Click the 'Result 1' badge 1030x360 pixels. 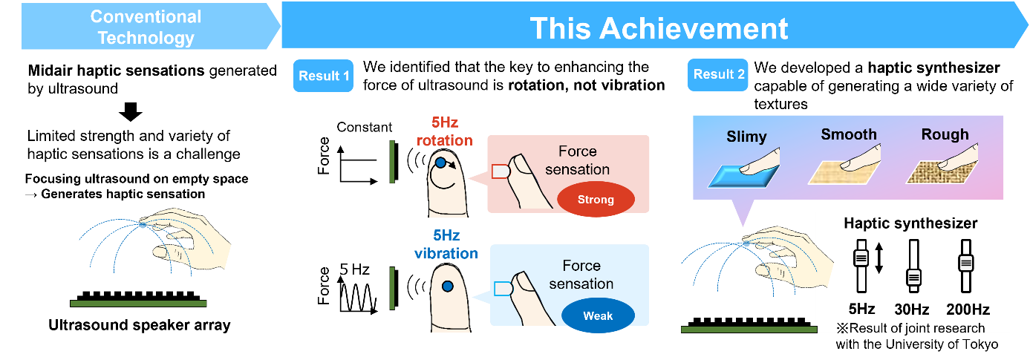coord(323,76)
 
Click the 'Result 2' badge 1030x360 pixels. coord(718,74)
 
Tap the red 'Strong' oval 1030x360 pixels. coord(596,200)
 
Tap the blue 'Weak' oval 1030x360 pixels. coord(598,316)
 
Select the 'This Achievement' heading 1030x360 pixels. coord(659,28)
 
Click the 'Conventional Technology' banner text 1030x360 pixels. coord(146,27)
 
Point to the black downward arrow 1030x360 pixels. coord(131,112)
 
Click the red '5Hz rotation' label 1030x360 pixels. coord(445,131)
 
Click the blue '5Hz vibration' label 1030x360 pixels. coord(446,244)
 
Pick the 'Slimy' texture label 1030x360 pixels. coord(747,137)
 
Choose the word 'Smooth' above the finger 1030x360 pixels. coord(849,134)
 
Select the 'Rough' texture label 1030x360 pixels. coord(945,134)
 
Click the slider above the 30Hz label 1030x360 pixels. coord(913,266)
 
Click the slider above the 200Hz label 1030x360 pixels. coord(966,266)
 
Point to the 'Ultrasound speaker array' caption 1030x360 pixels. coord(140,325)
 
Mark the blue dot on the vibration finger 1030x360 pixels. coord(447,287)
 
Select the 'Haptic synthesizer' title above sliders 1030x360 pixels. coord(910,223)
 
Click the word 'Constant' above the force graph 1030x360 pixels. coord(364,127)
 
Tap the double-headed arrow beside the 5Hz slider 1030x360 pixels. coord(879,258)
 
